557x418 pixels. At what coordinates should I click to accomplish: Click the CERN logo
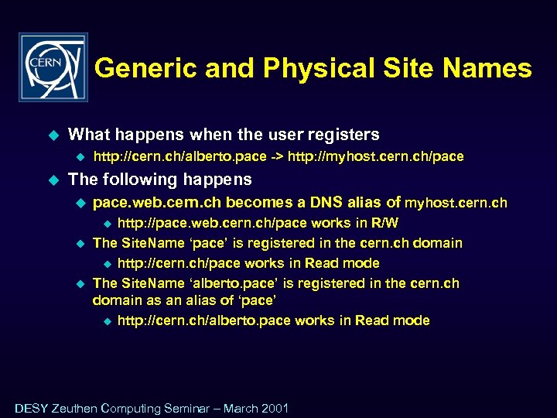(53, 67)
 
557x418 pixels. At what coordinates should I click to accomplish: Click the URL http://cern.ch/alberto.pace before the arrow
(179, 156)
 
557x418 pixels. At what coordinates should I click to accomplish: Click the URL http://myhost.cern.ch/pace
(376, 156)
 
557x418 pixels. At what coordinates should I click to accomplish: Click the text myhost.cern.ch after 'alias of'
(456, 204)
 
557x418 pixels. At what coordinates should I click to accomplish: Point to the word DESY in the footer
(31, 408)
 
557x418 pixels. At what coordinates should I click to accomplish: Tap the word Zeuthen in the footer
(75, 408)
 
